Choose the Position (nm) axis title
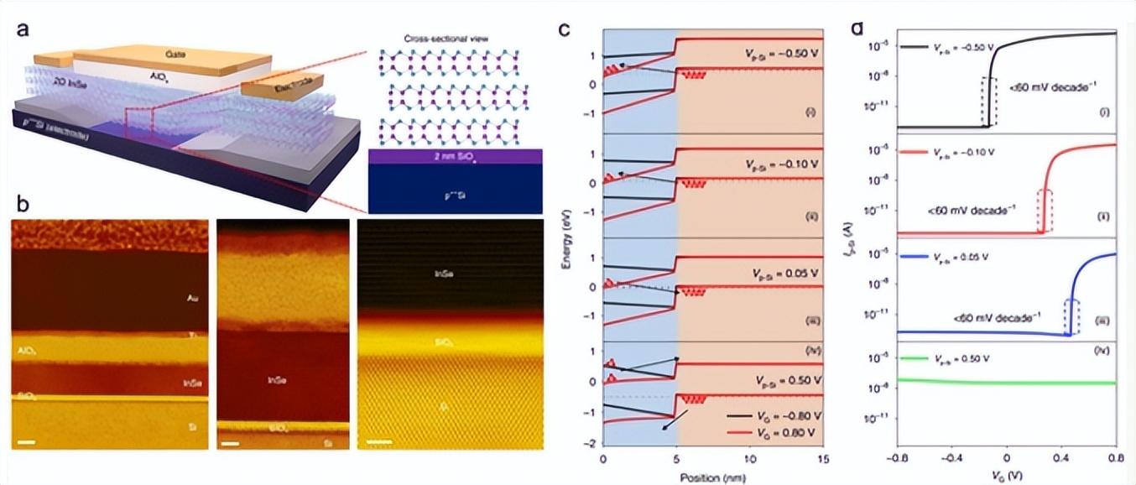pyautogui.click(x=713, y=477)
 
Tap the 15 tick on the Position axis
pyautogui.click(x=824, y=459)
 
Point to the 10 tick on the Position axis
pyautogui.click(x=750, y=459)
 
